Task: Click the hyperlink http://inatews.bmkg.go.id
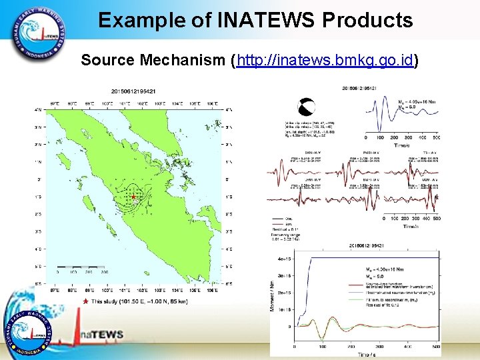tap(325, 61)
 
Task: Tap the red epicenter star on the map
tap(133, 197)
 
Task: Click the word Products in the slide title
tap(367, 20)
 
